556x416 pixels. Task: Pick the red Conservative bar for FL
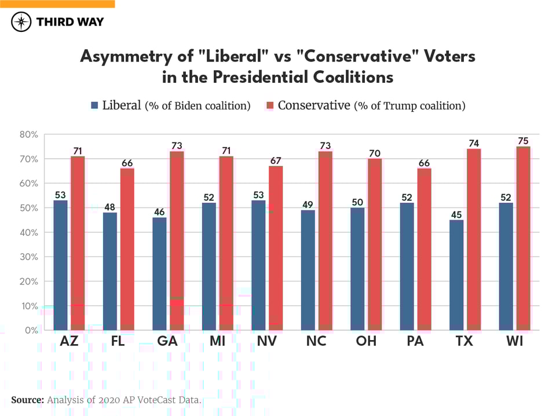(127, 249)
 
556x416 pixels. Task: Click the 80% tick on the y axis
(28, 134)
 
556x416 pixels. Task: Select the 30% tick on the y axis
(28, 257)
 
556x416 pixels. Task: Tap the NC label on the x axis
(316, 341)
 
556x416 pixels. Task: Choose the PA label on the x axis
(415, 341)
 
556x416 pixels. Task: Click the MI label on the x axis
(217, 341)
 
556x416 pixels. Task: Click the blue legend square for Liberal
(95, 105)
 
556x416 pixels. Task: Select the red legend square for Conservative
(269, 105)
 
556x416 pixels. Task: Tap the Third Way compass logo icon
(21, 22)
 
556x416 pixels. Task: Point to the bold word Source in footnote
(27, 400)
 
